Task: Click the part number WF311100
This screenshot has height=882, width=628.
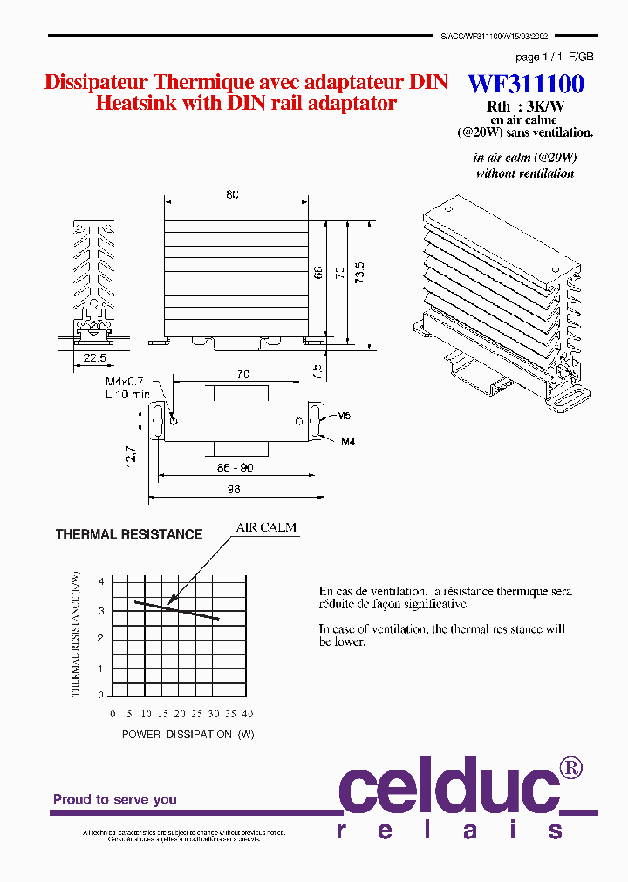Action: (526, 84)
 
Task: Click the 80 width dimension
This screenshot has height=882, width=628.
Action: (232, 194)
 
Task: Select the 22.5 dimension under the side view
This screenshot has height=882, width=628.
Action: (94, 357)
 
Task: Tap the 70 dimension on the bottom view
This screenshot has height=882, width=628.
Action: (242, 374)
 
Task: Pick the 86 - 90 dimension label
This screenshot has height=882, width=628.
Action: (235, 468)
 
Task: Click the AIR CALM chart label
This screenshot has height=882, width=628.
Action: (266, 527)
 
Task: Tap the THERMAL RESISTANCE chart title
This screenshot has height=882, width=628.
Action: (129, 534)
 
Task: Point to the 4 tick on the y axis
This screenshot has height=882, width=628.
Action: (101, 581)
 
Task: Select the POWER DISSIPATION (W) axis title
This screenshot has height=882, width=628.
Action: (188, 735)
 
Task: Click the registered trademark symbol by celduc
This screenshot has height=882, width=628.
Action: (570, 768)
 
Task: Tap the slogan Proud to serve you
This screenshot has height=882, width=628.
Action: (115, 799)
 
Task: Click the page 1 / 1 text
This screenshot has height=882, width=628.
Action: (539, 57)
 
